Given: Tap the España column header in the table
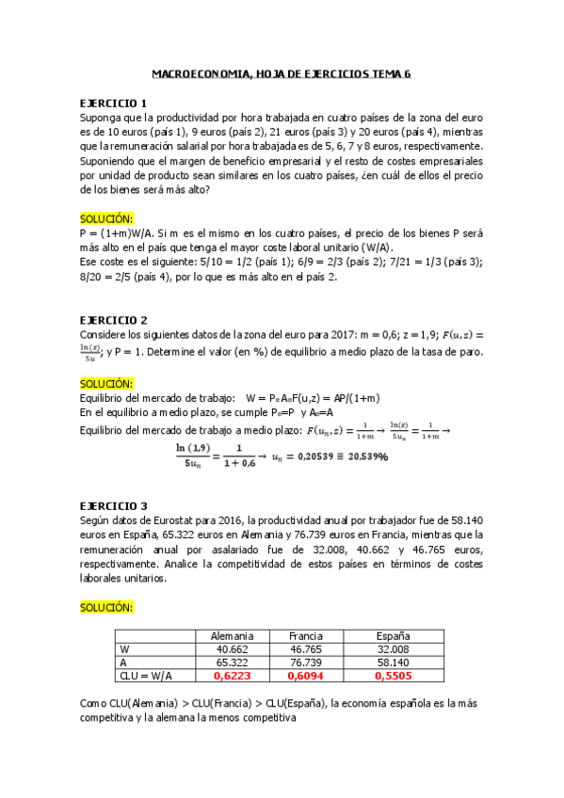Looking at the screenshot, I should pos(393,636).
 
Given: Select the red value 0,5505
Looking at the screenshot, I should pos(393,676).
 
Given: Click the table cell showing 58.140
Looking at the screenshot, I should pos(393,662).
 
